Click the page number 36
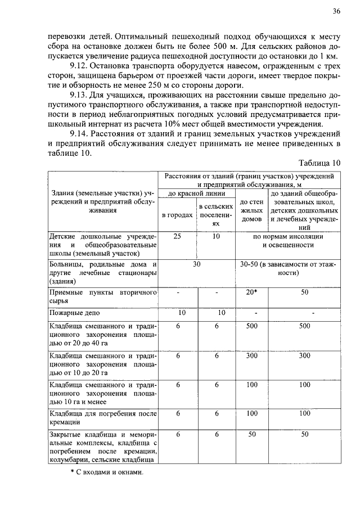coord(336,11)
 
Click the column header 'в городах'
coord(177,215)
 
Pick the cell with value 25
coord(177,237)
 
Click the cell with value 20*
coord(251,292)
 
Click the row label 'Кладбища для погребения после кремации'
coord(102,418)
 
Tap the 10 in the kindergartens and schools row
coord(215,237)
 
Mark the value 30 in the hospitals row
coord(196,264)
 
